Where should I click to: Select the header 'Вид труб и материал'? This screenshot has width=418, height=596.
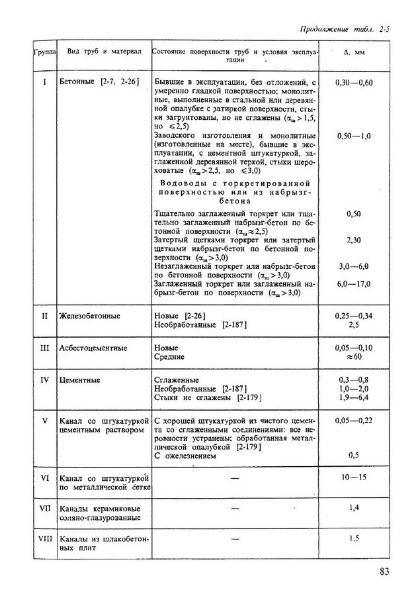[x=100, y=52]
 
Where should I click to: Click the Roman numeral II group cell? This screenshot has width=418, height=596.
[x=45, y=316]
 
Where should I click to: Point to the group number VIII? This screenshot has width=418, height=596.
[x=45, y=538]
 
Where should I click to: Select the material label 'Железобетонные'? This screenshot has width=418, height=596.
[x=89, y=316]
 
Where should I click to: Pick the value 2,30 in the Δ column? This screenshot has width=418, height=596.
[x=354, y=242]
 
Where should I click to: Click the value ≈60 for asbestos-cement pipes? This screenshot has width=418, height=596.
[x=355, y=357]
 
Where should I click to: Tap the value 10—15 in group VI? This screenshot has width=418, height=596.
[x=355, y=477]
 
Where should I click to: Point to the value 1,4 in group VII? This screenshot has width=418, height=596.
[x=355, y=507]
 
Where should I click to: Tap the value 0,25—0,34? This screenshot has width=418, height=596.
[x=355, y=316]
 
